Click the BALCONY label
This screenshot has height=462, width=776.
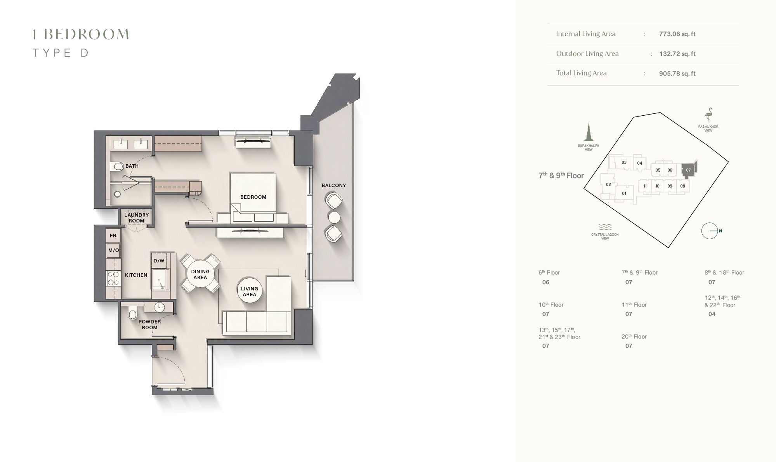(333, 186)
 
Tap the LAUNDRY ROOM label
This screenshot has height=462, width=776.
(136, 218)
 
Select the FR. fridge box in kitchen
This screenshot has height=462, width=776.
(113, 236)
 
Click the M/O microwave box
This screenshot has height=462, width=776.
(113, 250)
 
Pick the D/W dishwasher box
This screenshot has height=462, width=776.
(159, 261)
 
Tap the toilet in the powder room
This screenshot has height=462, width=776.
(133, 313)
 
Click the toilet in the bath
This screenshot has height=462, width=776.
(116, 167)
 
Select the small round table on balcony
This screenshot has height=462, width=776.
(334, 217)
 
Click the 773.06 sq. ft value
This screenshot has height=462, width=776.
(677, 34)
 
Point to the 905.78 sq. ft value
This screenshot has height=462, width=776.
(677, 74)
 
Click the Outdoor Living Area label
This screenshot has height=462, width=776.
(587, 54)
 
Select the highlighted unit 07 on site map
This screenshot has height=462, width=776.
(688, 170)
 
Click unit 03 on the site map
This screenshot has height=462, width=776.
(624, 162)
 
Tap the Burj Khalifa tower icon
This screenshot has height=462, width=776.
(589, 132)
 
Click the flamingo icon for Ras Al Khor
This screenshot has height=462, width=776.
(708, 115)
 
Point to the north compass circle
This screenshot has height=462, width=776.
(710, 231)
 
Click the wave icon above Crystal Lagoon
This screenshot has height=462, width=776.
(605, 227)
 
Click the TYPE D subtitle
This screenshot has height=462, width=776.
(61, 53)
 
